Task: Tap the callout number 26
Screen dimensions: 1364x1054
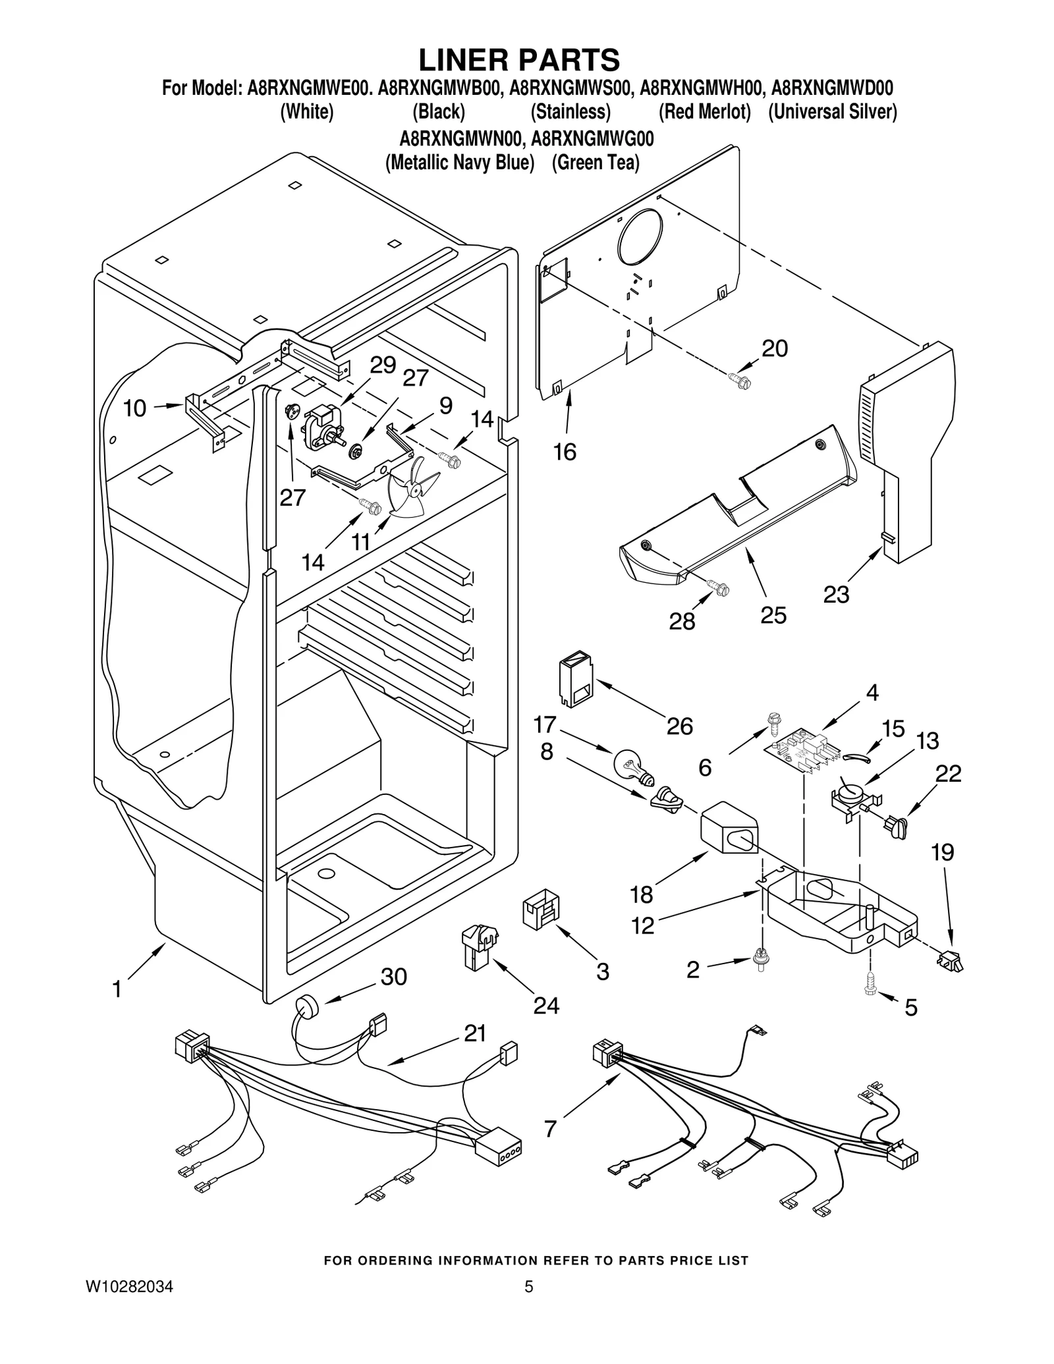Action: pos(679,726)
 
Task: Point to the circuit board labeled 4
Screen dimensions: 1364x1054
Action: pos(802,751)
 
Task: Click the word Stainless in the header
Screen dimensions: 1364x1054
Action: pos(570,112)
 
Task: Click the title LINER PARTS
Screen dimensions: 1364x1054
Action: pos(519,60)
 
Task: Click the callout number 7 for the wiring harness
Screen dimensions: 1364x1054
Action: pos(551,1129)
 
